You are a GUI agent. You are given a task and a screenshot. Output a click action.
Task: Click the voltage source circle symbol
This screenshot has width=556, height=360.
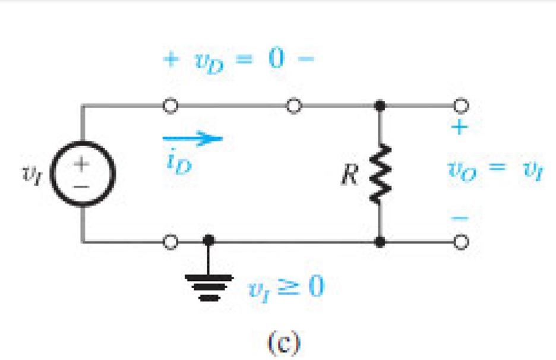(84, 175)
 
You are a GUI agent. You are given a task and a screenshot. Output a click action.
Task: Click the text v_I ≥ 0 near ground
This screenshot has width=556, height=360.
(286, 289)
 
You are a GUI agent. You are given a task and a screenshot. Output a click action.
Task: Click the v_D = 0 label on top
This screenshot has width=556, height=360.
(237, 59)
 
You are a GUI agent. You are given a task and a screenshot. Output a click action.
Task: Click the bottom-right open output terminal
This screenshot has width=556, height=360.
(461, 242)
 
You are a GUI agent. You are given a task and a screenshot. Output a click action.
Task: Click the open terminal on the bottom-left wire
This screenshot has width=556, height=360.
(170, 242)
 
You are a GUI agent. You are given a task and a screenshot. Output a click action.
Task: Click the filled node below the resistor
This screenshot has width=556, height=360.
(379, 242)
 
